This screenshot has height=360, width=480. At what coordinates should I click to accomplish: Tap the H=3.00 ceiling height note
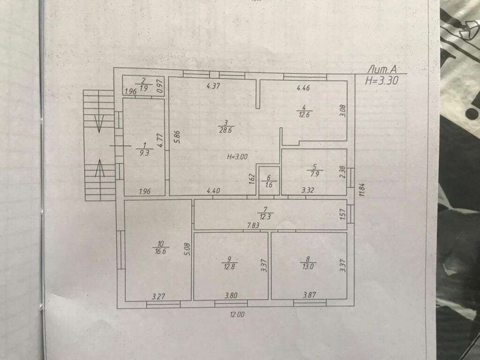(237, 157)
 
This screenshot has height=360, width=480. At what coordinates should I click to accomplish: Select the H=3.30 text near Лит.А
(382, 80)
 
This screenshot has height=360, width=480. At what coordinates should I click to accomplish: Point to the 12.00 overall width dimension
(237, 314)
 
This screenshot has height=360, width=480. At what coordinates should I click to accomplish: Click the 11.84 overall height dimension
(362, 190)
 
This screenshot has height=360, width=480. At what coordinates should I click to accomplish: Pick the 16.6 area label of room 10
(160, 251)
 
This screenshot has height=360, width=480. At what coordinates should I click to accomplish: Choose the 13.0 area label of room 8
(308, 266)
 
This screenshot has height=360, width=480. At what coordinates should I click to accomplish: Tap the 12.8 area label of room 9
(229, 266)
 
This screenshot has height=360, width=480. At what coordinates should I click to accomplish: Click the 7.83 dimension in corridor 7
(254, 225)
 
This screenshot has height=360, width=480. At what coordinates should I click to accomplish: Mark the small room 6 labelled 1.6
(269, 181)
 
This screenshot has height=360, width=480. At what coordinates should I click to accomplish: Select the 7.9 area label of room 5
(315, 174)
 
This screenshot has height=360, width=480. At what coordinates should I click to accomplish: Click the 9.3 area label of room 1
(144, 152)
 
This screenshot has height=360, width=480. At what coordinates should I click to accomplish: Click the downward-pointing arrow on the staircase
(99, 123)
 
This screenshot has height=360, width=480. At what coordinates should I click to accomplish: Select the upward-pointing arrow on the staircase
(100, 168)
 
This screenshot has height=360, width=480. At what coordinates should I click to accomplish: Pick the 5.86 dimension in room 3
(177, 137)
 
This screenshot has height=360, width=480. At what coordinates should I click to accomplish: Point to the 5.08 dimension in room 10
(187, 249)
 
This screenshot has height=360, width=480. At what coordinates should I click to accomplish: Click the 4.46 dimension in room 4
(303, 88)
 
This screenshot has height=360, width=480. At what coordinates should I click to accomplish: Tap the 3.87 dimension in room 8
(309, 295)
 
